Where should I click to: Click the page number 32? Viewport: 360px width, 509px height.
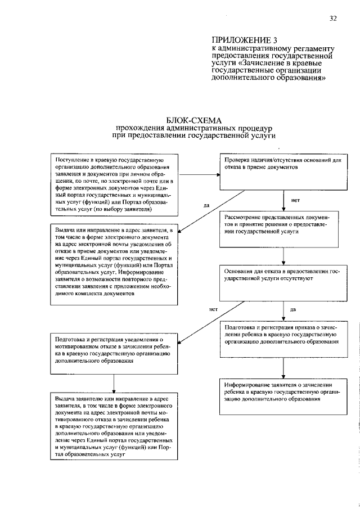coord(333,19)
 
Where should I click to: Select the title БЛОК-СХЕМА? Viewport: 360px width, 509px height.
coord(194,120)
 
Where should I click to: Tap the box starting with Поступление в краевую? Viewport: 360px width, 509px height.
coord(115,184)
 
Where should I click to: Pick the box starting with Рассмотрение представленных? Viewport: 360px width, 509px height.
coord(283,227)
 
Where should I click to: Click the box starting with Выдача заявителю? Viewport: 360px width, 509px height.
coord(115,427)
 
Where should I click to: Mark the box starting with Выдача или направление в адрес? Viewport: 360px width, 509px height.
coord(115,263)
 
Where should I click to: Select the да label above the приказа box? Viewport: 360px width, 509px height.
coord(293,309)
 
